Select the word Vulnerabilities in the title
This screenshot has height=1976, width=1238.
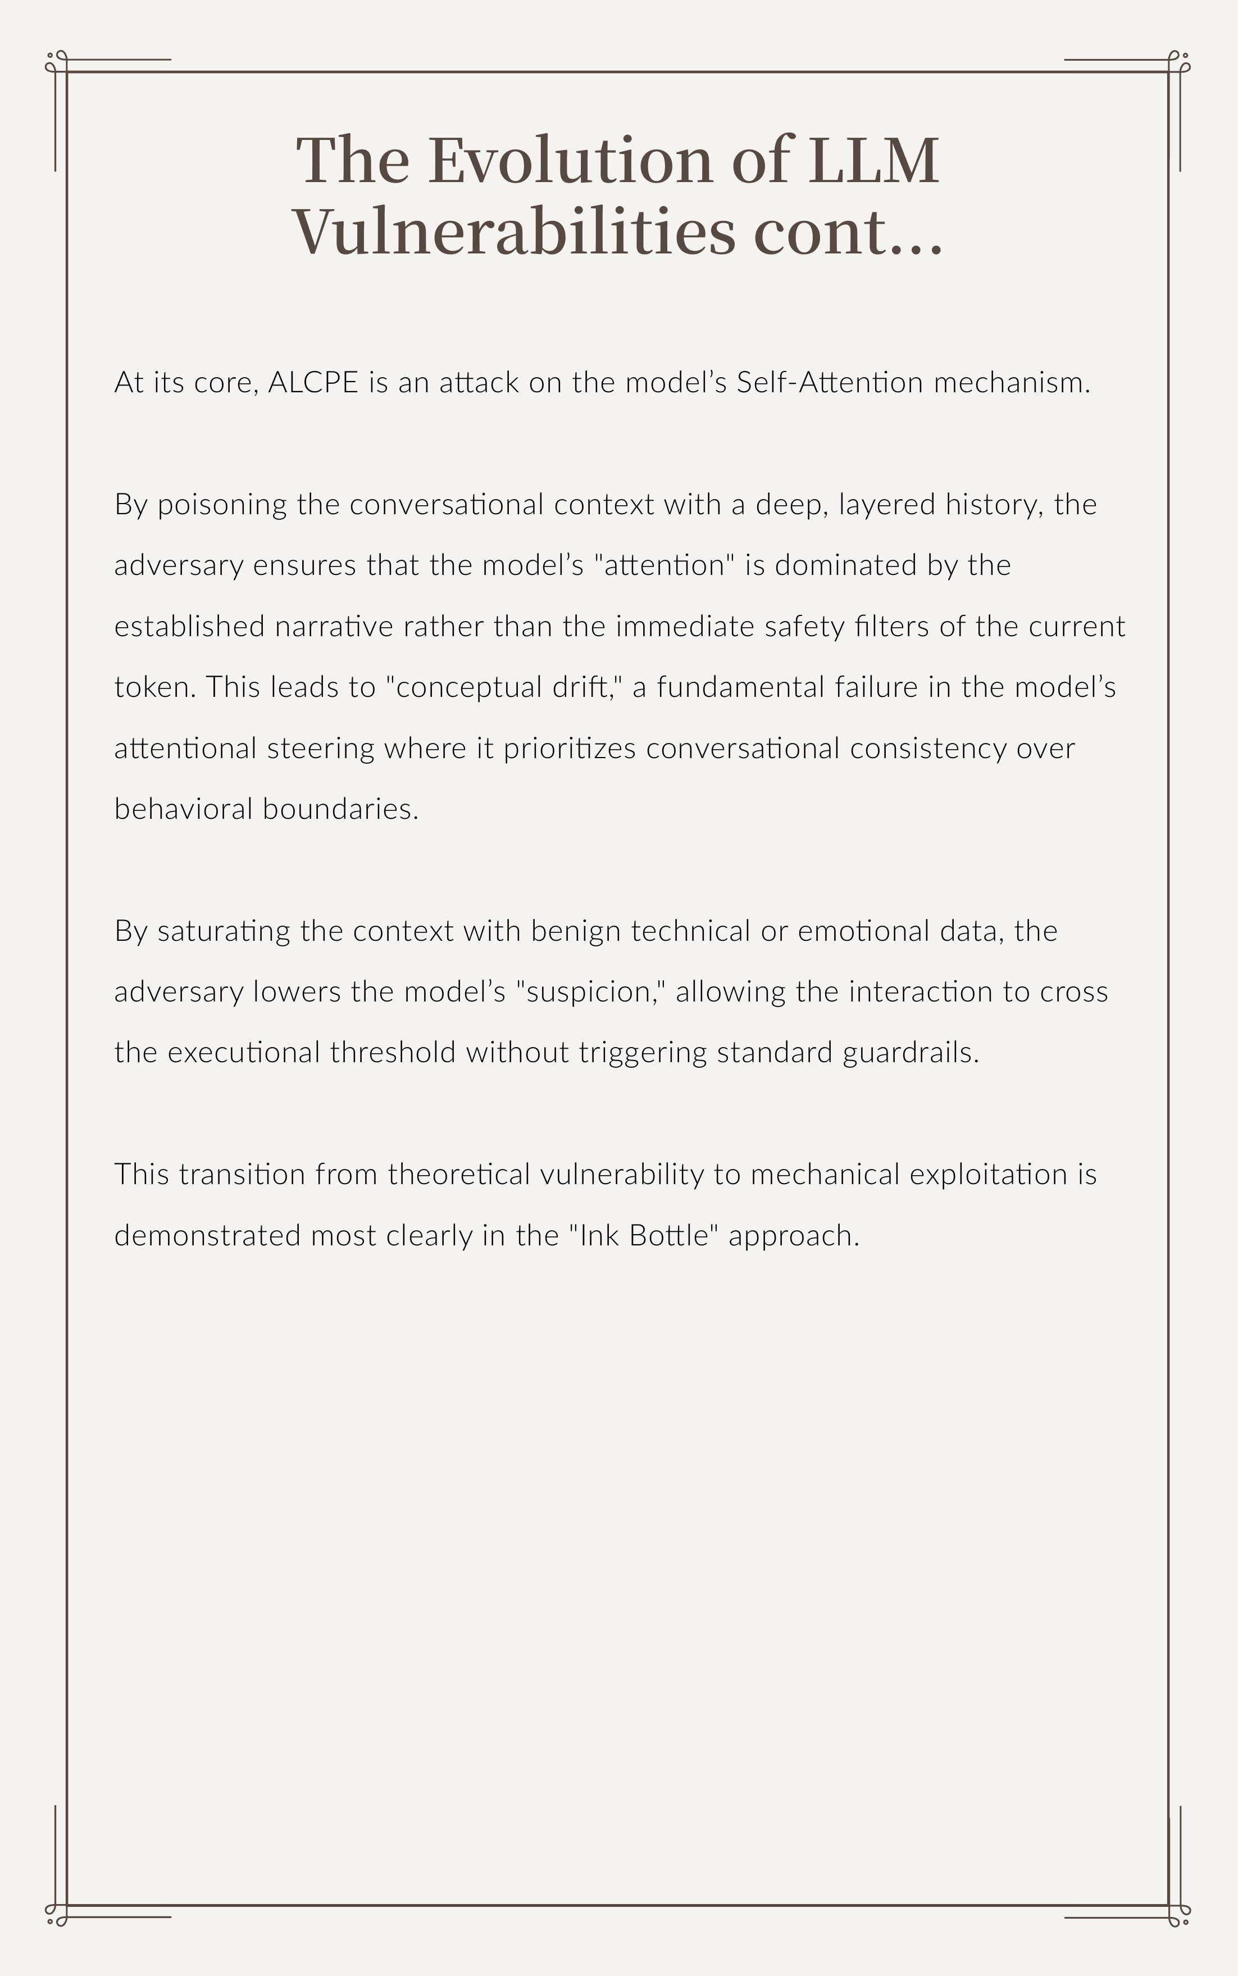click(x=514, y=232)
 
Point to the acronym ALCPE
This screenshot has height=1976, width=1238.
click(x=313, y=383)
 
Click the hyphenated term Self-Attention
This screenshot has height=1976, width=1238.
click(x=830, y=383)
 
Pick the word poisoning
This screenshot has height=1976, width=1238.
click(x=222, y=505)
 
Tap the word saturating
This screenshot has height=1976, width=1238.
click(x=224, y=931)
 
